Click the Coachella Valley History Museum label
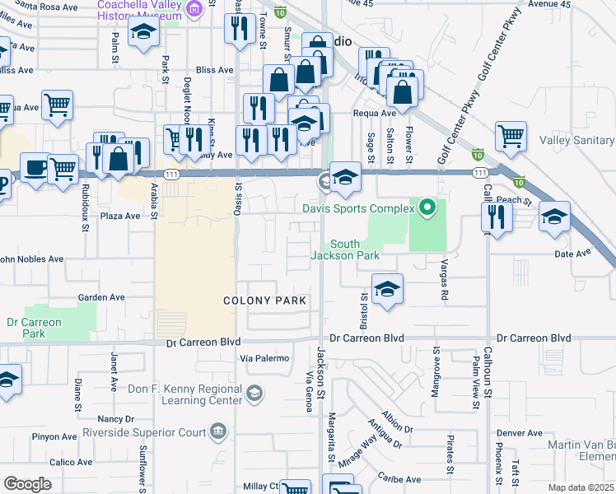140,9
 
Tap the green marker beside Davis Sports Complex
427,208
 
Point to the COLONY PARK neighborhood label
265,301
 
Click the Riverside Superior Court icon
218,429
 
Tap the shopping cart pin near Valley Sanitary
511,136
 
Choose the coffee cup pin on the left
34,168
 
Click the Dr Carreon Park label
34,328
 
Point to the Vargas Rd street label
444,282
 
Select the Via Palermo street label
264,358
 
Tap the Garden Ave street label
100,297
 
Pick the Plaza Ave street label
121,216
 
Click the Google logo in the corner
27,484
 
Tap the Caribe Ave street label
399,478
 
